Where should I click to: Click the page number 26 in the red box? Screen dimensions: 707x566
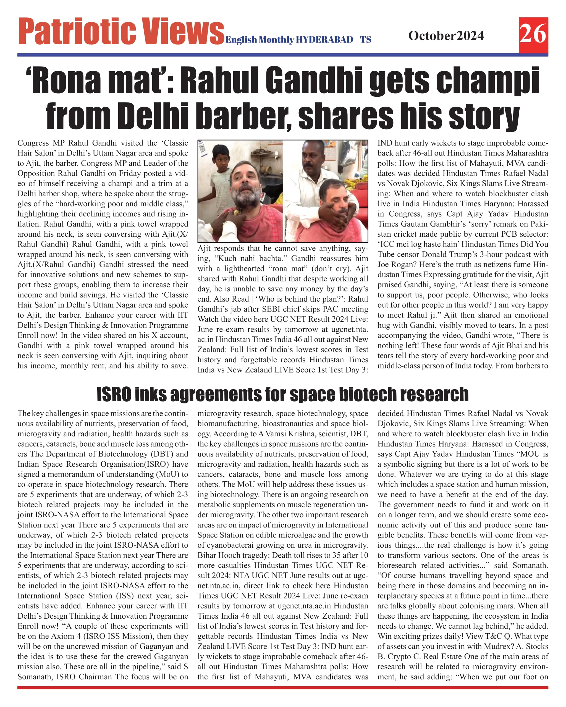(533, 34)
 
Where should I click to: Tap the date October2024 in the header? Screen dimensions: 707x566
(446, 35)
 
